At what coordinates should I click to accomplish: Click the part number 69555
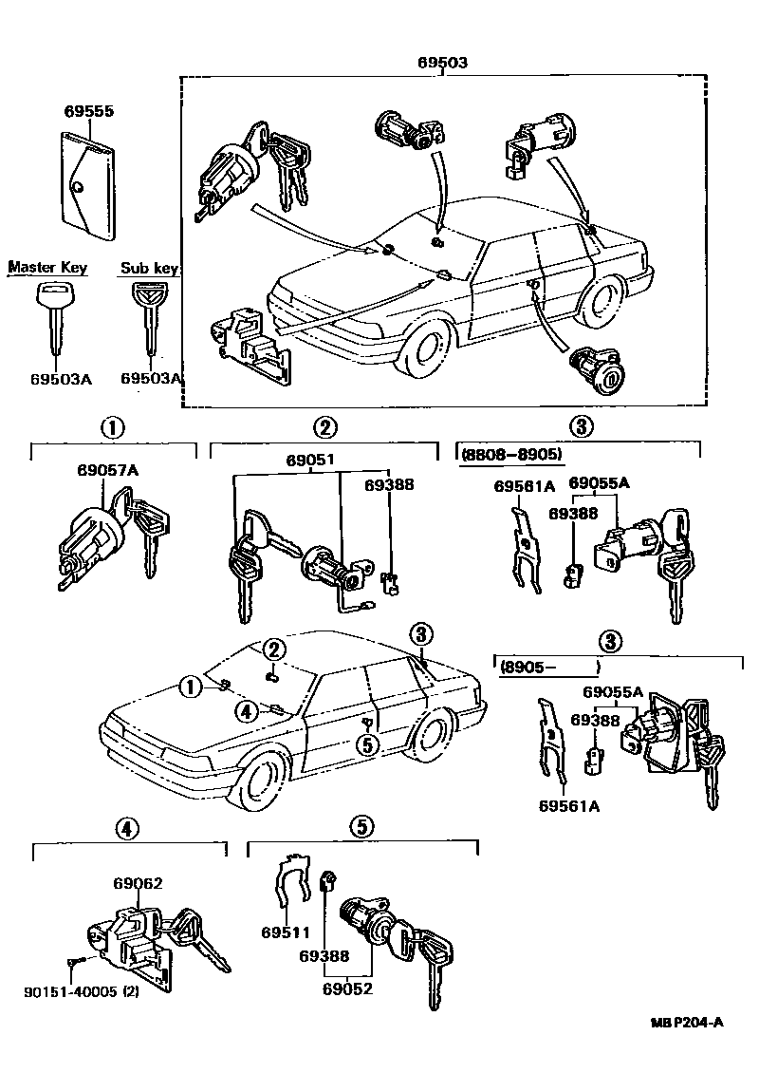(x=89, y=111)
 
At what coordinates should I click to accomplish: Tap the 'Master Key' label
(x=47, y=268)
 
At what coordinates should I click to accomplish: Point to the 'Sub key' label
(x=149, y=269)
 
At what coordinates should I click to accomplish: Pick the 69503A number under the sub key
(x=150, y=378)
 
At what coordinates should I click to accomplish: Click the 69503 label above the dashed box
(x=442, y=64)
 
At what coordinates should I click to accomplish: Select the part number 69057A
(x=107, y=470)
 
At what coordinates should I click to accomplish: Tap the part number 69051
(x=310, y=461)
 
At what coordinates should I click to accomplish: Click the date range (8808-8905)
(x=512, y=455)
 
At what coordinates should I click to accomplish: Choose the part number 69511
(x=281, y=932)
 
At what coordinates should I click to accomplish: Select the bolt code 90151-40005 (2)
(x=82, y=992)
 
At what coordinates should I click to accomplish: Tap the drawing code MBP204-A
(x=687, y=1023)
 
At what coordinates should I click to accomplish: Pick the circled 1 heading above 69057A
(x=113, y=426)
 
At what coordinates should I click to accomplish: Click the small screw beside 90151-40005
(x=74, y=962)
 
